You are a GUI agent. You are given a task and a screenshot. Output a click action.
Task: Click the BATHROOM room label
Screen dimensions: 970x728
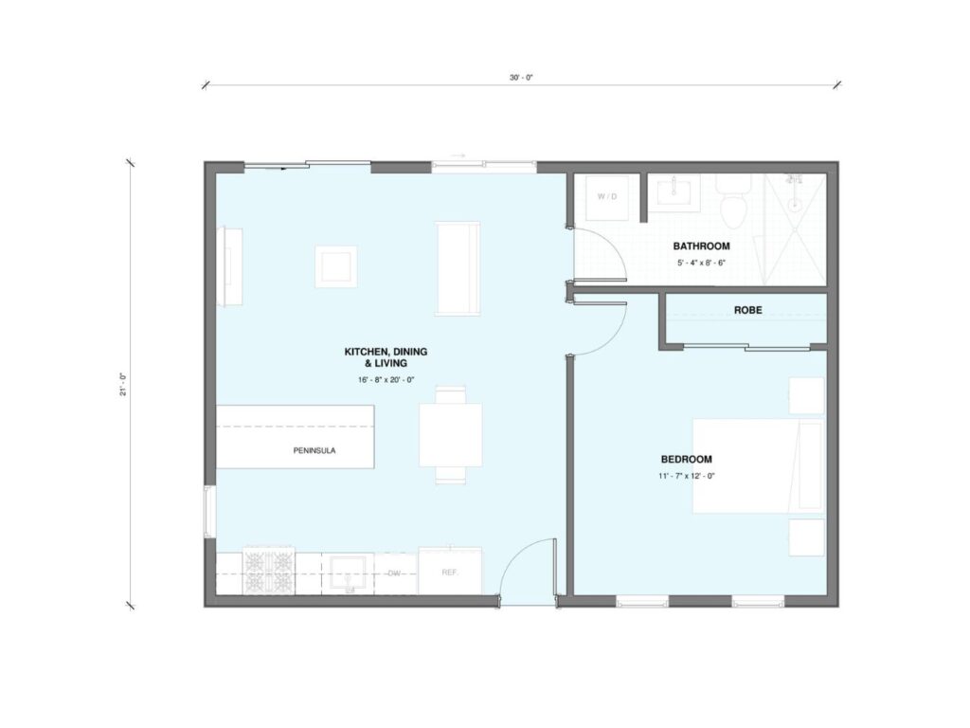[702, 246]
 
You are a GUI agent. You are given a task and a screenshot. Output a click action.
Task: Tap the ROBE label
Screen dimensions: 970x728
[748, 310]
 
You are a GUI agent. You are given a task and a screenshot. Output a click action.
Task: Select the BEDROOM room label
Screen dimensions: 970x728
[686, 460]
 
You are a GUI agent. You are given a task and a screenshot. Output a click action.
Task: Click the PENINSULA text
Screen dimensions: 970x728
[314, 450]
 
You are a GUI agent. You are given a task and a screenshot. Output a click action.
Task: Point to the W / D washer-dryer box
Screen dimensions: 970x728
[607, 197]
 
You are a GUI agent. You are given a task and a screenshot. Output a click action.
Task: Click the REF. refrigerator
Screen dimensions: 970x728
[450, 572]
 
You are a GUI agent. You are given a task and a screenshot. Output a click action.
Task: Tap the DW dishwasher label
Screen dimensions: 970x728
[395, 573]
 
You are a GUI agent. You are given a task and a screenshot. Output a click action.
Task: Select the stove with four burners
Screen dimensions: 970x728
[268, 572]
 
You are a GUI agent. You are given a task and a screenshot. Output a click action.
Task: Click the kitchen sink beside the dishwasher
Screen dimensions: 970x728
[350, 573]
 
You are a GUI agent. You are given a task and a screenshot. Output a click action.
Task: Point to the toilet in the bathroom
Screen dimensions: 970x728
[733, 200]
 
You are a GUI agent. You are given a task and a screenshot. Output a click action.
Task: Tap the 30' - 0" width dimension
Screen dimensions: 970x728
[521, 78]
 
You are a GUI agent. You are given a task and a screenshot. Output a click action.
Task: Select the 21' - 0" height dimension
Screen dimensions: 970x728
[123, 385]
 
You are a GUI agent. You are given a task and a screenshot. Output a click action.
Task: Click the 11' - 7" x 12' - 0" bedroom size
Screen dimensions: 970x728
[687, 476]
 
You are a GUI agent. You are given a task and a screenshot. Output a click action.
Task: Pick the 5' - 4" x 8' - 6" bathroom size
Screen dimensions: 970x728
[702, 263]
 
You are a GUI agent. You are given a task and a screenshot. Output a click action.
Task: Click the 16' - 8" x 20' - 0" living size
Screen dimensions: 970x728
[386, 379]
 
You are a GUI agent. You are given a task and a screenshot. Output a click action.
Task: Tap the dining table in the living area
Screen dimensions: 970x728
[450, 434]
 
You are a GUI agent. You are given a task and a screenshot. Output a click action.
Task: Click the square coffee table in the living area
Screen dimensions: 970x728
[336, 266]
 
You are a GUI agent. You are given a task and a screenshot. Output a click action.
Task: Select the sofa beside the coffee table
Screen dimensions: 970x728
[458, 268]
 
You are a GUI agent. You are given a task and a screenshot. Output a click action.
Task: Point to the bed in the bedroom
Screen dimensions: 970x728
[759, 466]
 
